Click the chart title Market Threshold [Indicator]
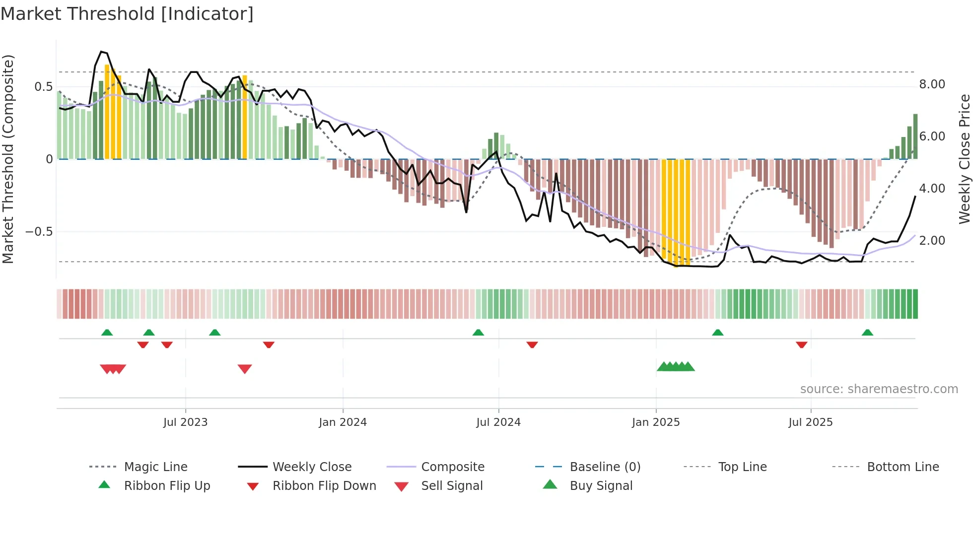tap(127, 14)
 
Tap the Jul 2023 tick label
tap(185, 422)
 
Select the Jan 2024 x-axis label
tap(343, 422)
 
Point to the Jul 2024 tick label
tap(498, 422)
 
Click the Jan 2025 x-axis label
tap(656, 422)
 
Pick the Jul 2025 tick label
tap(811, 422)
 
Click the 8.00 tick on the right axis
tap(932, 84)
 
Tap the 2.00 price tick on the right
tap(932, 241)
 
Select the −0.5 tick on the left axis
tap(39, 232)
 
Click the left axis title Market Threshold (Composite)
tap(8, 159)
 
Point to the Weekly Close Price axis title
tap(964, 159)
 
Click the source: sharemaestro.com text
tap(879, 389)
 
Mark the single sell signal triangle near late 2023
tap(245, 368)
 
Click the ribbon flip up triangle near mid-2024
tap(478, 333)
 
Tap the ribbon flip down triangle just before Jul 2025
tap(801, 344)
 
